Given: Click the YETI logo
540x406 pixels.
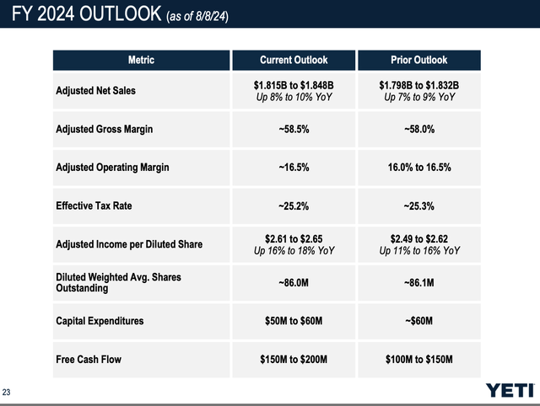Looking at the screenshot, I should [x=510, y=389].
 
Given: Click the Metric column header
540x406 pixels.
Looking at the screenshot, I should [x=140, y=60].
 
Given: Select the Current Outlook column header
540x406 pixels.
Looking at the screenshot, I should [x=293, y=60].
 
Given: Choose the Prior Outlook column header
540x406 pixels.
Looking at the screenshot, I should [x=418, y=60].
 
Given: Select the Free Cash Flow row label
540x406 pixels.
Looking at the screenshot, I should [x=89, y=360].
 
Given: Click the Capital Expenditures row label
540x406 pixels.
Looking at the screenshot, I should [x=100, y=321].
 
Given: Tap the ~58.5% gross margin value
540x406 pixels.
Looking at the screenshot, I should [x=293, y=130].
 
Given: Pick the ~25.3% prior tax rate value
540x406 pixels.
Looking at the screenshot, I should [x=418, y=206].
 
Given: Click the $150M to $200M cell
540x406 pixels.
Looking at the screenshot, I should [x=293, y=360].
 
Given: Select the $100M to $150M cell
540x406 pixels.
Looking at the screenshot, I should [x=418, y=360].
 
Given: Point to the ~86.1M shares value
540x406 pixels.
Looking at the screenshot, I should [x=418, y=282].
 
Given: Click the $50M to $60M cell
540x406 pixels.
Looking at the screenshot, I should [x=293, y=321].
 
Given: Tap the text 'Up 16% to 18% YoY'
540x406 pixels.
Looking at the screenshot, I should [x=293, y=250].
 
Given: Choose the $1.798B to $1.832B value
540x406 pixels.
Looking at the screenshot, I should [x=418, y=85].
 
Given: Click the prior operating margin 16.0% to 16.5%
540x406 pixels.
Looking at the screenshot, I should [x=418, y=168].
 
